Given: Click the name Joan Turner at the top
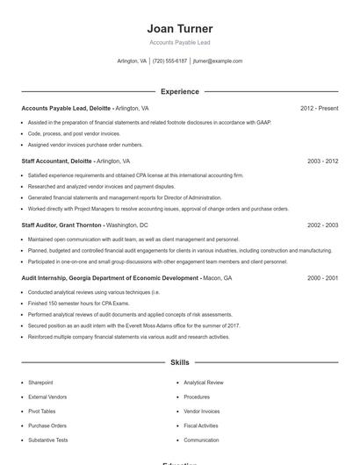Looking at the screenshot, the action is point(180,29).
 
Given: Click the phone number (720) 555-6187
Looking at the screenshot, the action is point(169,61).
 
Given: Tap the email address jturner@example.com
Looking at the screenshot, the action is point(218,61).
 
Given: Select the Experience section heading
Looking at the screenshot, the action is point(180,91).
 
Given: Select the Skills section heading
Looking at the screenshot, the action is point(180,361).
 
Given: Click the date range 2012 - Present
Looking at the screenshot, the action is point(319,109).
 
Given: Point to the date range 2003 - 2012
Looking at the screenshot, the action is point(322,161).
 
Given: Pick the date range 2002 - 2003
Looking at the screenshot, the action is point(322,225).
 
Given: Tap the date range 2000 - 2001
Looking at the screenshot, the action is point(322,278).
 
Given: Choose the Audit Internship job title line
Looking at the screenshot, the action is point(110,278).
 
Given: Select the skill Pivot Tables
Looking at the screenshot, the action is point(41,411).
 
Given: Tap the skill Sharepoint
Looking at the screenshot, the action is point(40,383).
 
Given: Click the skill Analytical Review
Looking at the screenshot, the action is point(204,383).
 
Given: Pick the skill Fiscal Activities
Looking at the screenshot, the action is point(201,426).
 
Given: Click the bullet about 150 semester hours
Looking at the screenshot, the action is point(73,303).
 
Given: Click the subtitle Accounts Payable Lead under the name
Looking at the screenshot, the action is point(180,42).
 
